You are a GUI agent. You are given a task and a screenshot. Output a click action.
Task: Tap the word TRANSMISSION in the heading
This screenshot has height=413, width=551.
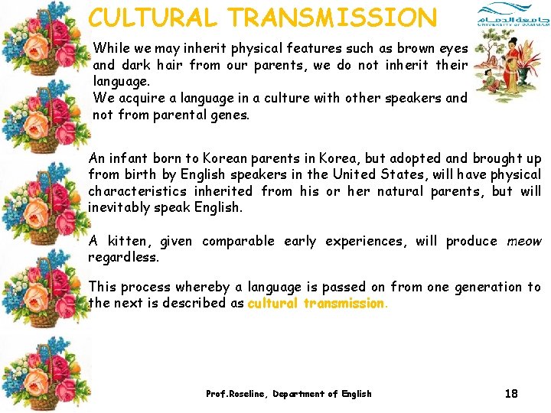[333, 17]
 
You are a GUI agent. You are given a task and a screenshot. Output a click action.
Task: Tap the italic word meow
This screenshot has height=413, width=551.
[523, 241]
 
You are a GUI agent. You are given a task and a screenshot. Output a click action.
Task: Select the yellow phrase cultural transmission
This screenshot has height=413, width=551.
[317, 304]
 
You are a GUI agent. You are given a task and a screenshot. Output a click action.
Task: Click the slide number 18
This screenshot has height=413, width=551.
[511, 394]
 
